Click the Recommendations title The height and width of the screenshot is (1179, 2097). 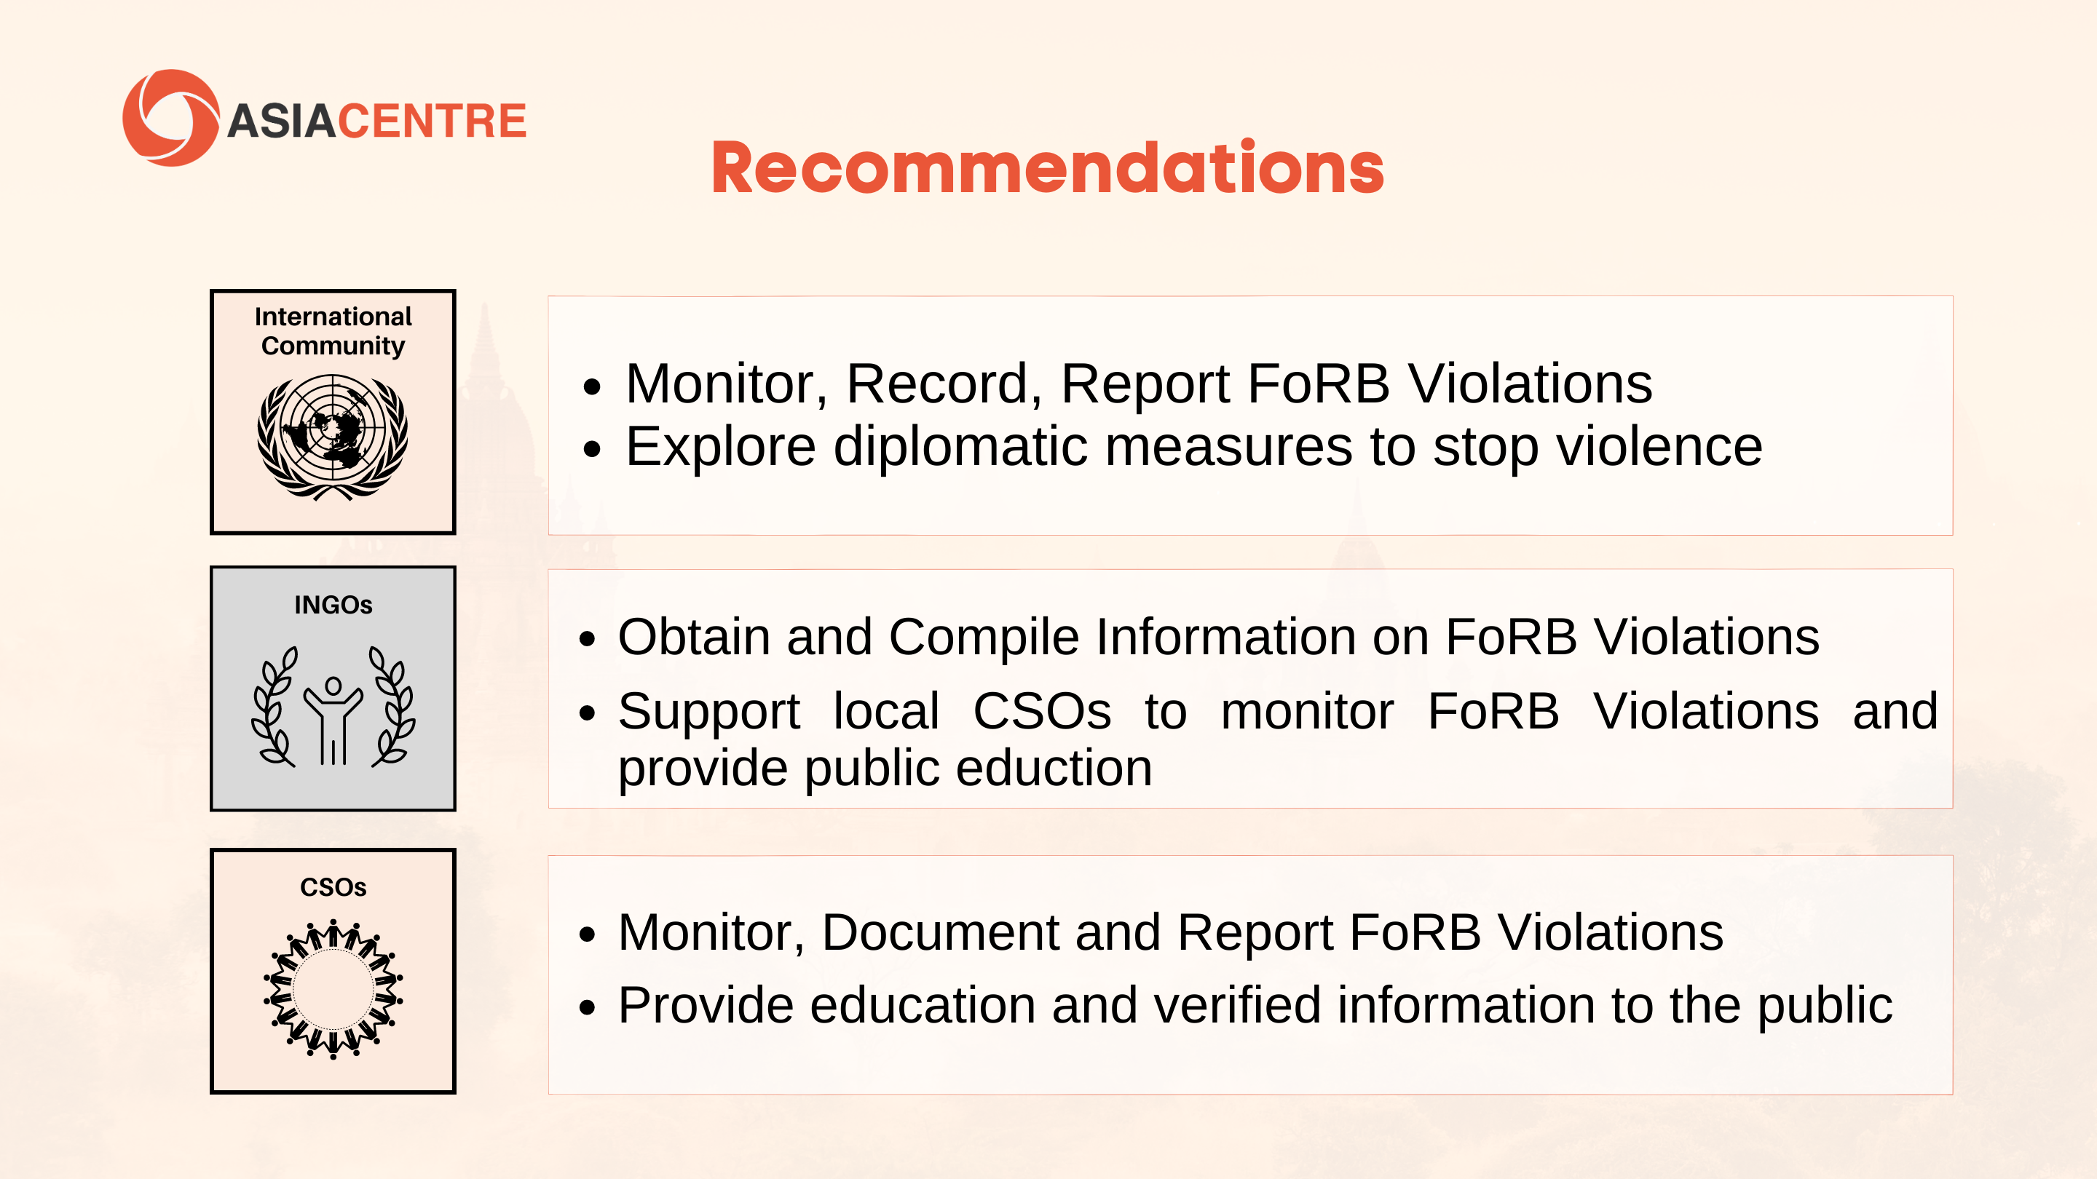pyautogui.click(x=1048, y=168)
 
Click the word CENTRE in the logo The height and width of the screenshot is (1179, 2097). pyautogui.click(x=433, y=122)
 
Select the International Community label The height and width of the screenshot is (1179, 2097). pyautogui.click(x=333, y=331)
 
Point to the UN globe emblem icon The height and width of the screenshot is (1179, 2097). pyautogui.click(x=332, y=437)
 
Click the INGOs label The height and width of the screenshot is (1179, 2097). pyautogui.click(x=333, y=605)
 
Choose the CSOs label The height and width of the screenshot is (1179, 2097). pyautogui.click(x=333, y=887)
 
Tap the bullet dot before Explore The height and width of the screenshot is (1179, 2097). pyautogui.click(x=592, y=449)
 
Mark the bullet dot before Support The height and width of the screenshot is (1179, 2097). pyautogui.click(x=587, y=713)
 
